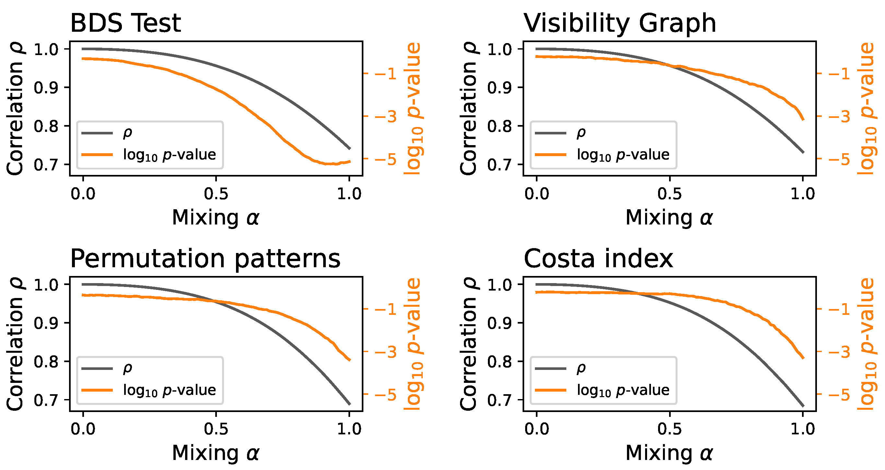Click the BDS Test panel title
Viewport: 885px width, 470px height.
(x=125, y=23)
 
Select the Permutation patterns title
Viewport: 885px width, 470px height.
(x=205, y=258)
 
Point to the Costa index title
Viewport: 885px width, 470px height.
(x=598, y=258)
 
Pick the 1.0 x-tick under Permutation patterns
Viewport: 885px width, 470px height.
(x=349, y=429)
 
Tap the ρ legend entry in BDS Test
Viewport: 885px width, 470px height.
(x=127, y=133)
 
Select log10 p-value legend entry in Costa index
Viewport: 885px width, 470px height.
(x=623, y=390)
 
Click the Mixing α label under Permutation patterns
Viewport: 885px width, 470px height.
(x=215, y=453)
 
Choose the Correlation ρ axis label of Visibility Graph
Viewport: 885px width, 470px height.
(x=468, y=108)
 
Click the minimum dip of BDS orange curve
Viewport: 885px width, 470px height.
(x=328, y=164)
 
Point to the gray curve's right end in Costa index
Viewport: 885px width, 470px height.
(x=803, y=406)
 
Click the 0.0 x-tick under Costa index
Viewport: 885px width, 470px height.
(x=537, y=429)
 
